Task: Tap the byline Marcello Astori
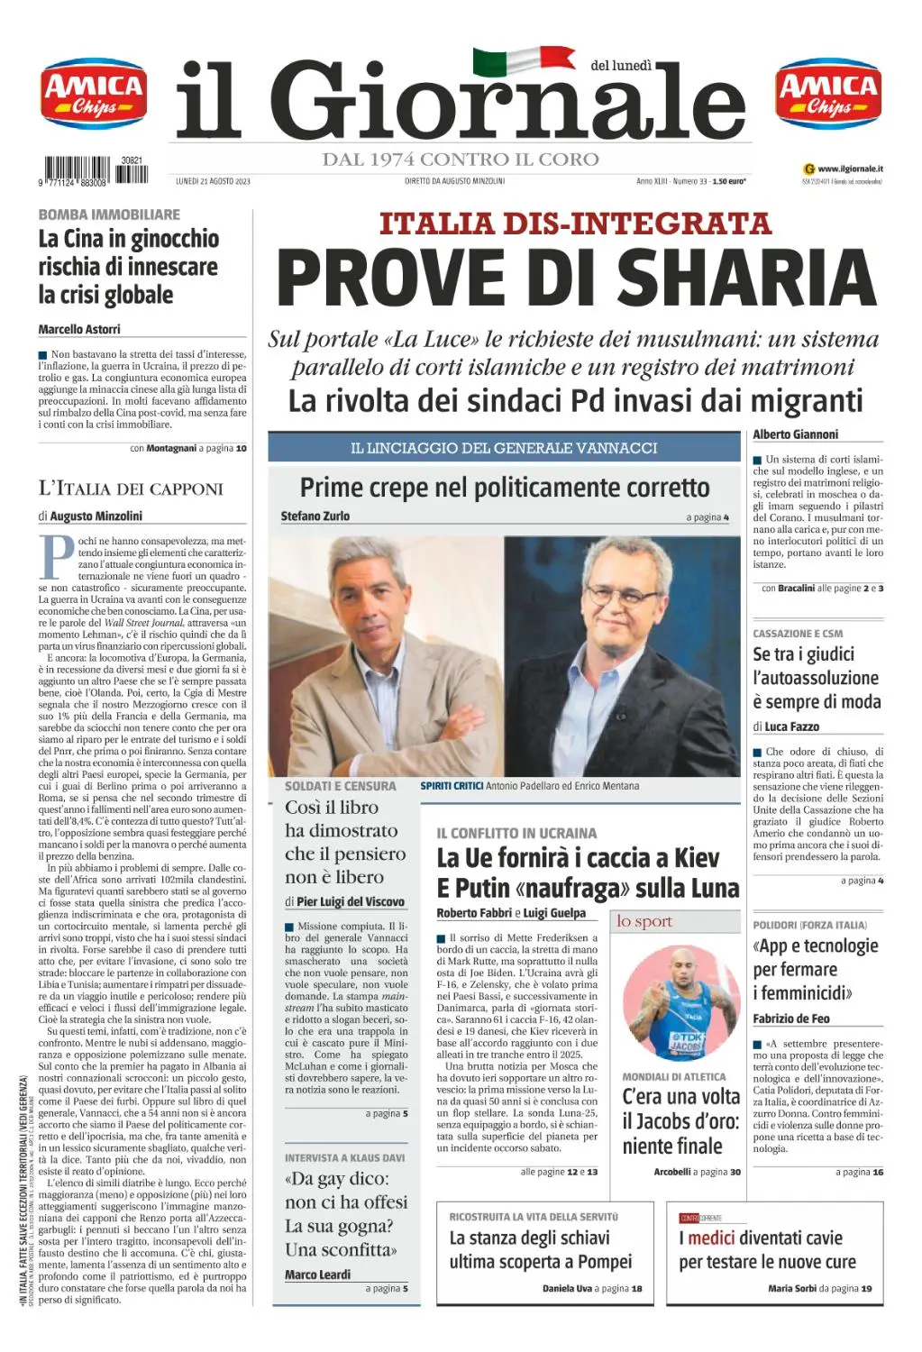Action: (x=79, y=330)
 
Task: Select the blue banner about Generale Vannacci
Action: (x=504, y=448)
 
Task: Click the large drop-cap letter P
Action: (x=56, y=557)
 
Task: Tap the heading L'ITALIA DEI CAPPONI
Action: (x=131, y=489)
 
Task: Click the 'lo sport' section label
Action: (x=644, y=921)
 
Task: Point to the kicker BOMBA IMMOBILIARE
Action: (x=109, y=215)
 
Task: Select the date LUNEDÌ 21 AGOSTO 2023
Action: (x=213, y=181)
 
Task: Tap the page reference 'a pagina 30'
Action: (x=717, y=1172)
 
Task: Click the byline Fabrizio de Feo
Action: (x=791, y=1019)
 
